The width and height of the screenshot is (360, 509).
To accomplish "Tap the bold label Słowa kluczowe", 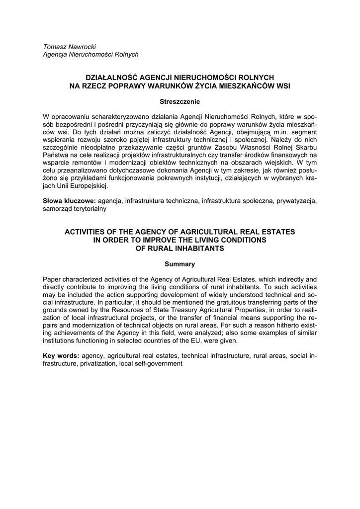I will [x=70, y=201].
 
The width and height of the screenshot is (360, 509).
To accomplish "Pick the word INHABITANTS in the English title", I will [x=204, y=248].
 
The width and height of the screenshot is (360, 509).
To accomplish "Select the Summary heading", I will [x=180, y=264].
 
